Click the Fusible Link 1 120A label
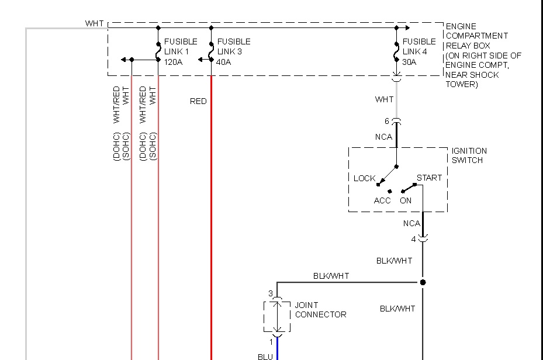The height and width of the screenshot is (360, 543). pyautogui.click(x=181, y=51)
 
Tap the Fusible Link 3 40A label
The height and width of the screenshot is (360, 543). pyautogui.click(x=233, y=51)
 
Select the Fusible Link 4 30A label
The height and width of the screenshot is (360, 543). pyautogui.click(x=419, y=51)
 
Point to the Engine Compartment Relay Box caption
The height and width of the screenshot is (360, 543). pyautogui.click(x=482, y=55)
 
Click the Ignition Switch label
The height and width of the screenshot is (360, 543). pyautogui.click(x=469, y=155)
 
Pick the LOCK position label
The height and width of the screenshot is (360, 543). pyautogui.click(x=364, y=178)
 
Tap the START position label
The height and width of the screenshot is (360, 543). pyautogui.click(x=429, y=178)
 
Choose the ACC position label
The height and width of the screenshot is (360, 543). pyautogui.click(x=382, y=200)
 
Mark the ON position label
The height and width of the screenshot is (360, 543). pyautogui.click(x=406, y=200)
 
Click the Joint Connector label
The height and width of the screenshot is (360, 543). pyautogui.click(x=320, y=310)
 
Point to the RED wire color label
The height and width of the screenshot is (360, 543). pyautogui.click(x=198, y=101)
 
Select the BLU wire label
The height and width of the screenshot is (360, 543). pyautogui.click(x=265, y=356)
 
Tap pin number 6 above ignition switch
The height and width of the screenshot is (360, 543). pyautogui.click(x=386, y=122)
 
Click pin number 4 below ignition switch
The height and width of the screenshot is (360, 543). pyautogui.click(x=413, y=239)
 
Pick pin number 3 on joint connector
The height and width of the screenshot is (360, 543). pyautogui.click(x=271, y=293)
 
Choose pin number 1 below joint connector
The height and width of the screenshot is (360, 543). pyautogui.click(x=271, y=341)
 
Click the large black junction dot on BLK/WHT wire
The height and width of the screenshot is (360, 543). pyautogui.click(x=423, y=282)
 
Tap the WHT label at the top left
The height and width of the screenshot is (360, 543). pyautogui.click(x=94, y=23)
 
